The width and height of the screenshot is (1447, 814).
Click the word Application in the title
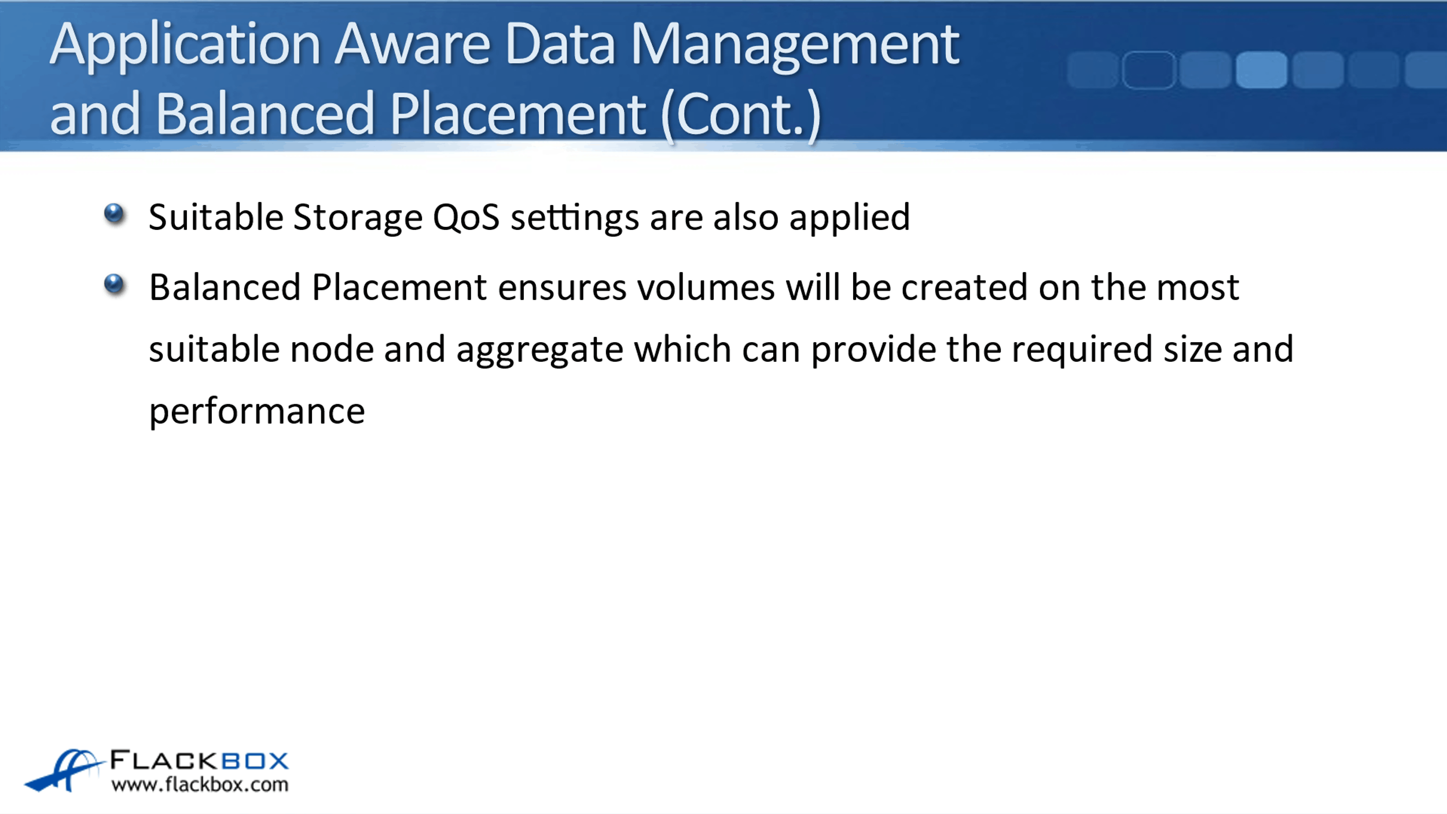tap(185, 46)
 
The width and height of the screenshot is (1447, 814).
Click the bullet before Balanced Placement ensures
tap(114, 284)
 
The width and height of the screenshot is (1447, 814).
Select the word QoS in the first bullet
tap(466, 218)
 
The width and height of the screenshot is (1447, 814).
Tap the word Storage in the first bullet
tap(358, 218)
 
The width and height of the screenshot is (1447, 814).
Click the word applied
tap(849, 218)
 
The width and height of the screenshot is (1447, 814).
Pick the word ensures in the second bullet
tap(561, 288)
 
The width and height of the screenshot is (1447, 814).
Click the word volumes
tap(706, 287)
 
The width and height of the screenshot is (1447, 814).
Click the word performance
tap(257, 412)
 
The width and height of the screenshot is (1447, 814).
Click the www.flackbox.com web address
tap(200, 784)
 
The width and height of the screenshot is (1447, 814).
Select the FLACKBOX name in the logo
tap(199, 760)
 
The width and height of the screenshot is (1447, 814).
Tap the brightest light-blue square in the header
tap(1261, 70)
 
